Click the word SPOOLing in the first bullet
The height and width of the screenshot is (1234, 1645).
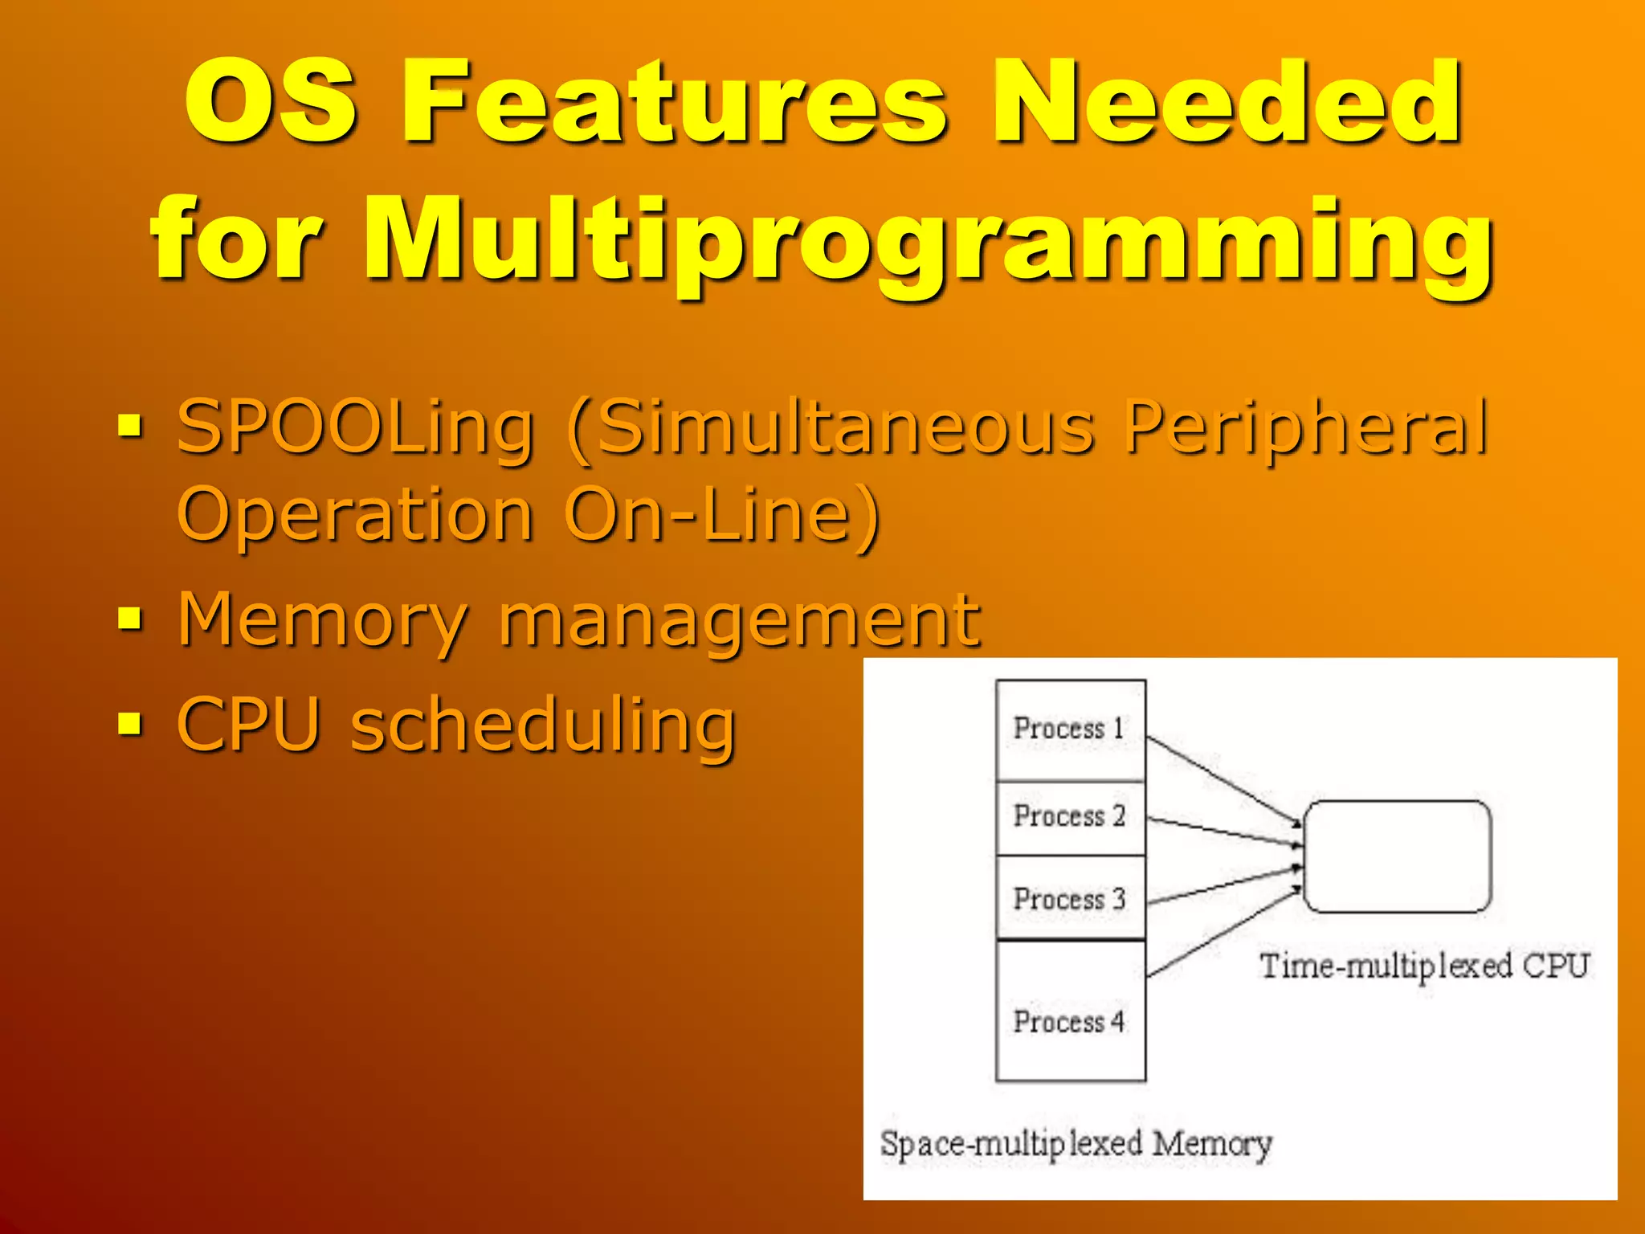coord(355,427)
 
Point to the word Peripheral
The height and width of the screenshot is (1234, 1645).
coord(1306,427)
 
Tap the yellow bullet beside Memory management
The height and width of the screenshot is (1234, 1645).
coord(129,619)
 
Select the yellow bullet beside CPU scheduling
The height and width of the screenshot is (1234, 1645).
coord(129,723)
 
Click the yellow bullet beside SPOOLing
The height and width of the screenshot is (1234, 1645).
coord(129,426)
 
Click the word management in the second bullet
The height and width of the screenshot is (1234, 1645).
coord(739,620)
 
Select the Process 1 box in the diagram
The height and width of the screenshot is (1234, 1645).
coord(1070,729)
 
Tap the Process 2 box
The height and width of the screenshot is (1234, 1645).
coord(1070,817)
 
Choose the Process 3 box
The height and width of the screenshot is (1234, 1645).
coord(1070,898)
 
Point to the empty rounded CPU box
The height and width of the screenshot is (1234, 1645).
coord(1397,856)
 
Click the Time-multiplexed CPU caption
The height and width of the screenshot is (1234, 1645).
coord(1424,966)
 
